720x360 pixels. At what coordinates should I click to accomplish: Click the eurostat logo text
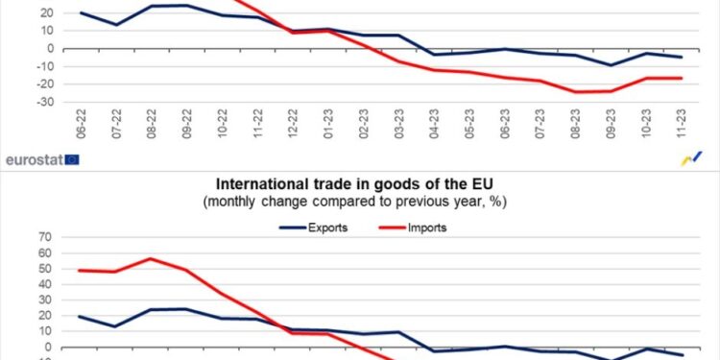click(34, 159)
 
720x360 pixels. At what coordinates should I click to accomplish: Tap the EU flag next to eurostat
click(72, 159)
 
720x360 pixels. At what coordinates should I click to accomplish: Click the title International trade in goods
click(360, 183)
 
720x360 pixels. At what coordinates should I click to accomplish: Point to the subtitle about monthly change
click(360, 202)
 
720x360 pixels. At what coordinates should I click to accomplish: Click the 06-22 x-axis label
click(82, 124)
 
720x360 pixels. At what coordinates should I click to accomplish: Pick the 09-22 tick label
click(186, 124)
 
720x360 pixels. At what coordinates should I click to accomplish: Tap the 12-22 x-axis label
click(292, 124)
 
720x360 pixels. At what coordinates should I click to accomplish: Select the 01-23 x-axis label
click(327, 124)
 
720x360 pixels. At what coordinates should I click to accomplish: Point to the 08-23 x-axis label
click(573, 124)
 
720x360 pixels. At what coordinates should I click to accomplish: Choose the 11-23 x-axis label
click(679, 124)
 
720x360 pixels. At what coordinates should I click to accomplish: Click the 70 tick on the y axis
click(44, 237)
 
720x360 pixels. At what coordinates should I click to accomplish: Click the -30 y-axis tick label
click(41, 101)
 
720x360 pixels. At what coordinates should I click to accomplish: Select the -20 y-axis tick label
click(41, 84)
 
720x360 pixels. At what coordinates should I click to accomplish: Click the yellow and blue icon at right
click(690, 158)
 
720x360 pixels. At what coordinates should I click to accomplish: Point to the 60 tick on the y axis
click(44, 252)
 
